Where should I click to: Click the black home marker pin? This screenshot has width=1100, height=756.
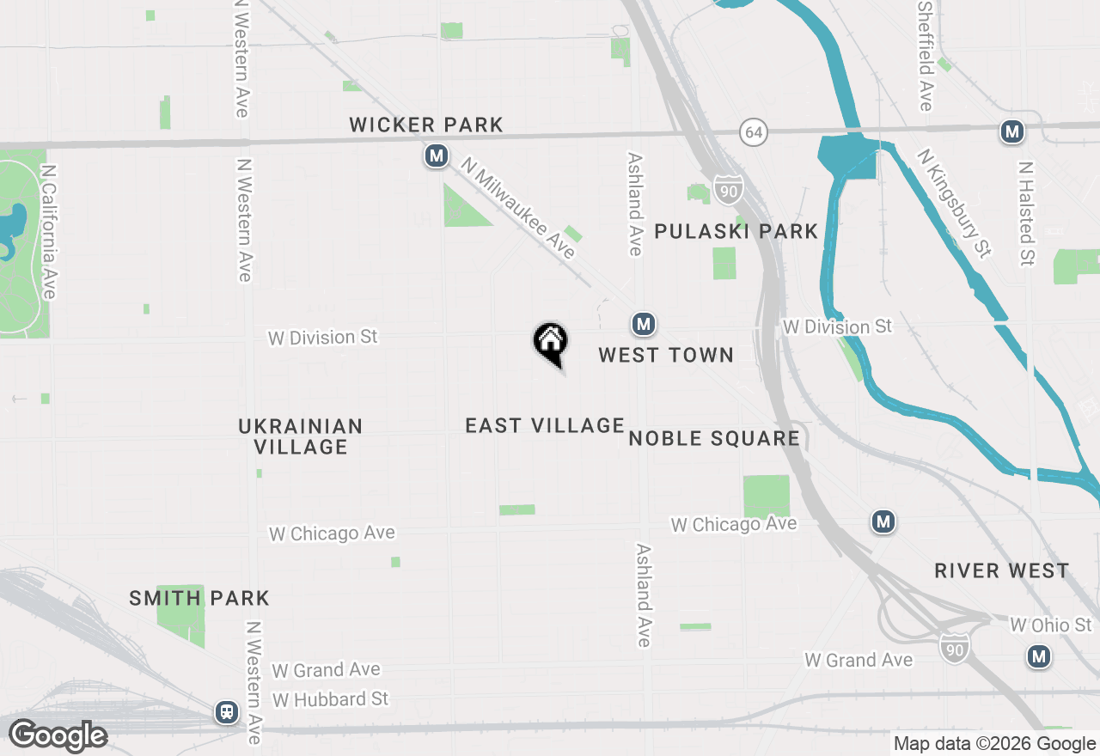pos(550,342)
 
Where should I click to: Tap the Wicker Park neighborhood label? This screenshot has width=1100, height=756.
pos(426,125)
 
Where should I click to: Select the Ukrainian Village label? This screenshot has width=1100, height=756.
pos(301,436)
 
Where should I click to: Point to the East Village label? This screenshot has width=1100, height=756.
pos(545,425)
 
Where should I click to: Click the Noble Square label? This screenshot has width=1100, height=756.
pos(714,439)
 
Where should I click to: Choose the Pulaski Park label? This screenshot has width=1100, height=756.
pos(736,231)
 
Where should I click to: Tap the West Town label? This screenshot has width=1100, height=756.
pos(666,355)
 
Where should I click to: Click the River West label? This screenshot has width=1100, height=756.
pos(1002,570)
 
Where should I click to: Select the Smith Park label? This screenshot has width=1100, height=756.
pos(199,598)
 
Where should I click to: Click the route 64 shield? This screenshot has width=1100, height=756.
pos(753,132)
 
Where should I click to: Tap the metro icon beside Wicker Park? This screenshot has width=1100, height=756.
pos(437,156)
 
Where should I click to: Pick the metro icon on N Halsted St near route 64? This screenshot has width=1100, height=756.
pos(1012,131)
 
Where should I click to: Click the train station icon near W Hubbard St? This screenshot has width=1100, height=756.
pos(226,711)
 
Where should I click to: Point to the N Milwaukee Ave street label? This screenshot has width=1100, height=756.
pos(518,207)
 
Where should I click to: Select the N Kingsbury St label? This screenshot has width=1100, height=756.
pos(954,203)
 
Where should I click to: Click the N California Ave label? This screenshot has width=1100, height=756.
pos(48,232)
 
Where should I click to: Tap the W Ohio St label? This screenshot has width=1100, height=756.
pos(1051,625)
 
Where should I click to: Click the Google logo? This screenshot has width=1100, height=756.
pos(58,736)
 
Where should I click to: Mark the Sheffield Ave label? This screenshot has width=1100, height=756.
pos(925,55)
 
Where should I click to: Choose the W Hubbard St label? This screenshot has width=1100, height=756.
pos(331,699)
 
